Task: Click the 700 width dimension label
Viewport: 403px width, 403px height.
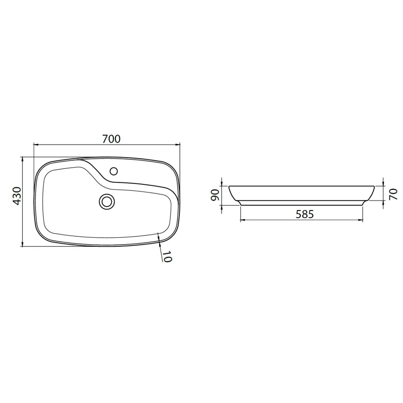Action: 111,139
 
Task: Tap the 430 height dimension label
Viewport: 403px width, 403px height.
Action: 17,196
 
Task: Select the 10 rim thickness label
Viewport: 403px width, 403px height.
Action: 167,256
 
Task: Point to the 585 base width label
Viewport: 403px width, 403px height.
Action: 305,214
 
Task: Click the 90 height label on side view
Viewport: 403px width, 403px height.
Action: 215,195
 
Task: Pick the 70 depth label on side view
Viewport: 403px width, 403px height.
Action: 393,194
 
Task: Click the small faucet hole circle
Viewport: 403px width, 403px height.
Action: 114,171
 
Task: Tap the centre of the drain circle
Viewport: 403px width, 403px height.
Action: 107,201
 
